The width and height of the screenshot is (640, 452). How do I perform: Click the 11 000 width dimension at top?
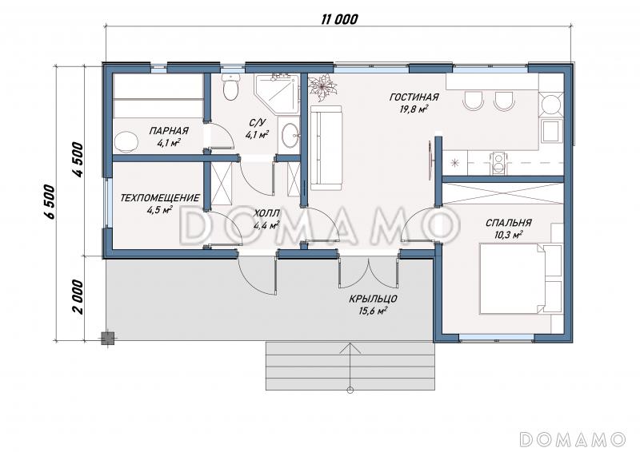339,19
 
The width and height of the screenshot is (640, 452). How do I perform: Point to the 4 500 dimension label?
78,160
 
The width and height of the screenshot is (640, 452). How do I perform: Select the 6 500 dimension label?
49,202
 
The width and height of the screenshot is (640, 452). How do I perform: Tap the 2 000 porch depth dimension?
78,296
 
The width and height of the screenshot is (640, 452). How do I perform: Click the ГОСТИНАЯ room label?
414,97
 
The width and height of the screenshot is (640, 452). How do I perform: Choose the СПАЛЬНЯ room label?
508,223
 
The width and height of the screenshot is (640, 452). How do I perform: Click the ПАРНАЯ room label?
169,131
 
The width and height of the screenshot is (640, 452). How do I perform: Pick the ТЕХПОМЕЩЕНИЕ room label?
160,198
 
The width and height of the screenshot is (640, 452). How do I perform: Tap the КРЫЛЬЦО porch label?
373,299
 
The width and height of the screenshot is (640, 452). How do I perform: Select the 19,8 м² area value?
414,109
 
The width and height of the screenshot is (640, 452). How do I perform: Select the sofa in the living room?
326,148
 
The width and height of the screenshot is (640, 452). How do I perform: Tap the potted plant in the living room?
323,87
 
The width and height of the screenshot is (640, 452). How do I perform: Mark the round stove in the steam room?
126,141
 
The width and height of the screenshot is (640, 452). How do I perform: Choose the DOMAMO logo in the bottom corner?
573,439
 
